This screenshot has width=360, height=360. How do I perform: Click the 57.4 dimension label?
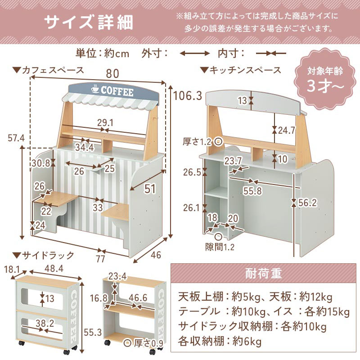click(16, 137)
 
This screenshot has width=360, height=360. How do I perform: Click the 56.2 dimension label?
click(307, 202)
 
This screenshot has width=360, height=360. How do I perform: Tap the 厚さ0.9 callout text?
click(147, 343)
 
